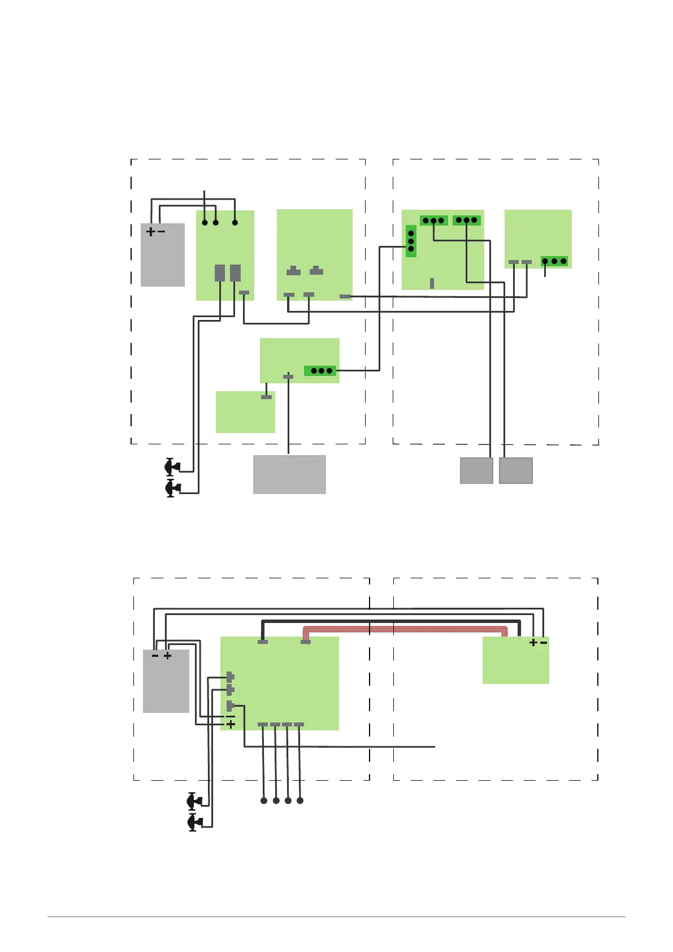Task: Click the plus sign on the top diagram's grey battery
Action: (150, 232)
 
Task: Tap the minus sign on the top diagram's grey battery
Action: (162, 232)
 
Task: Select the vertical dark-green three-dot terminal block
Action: (411, 241)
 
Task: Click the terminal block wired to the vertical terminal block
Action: (320, 371)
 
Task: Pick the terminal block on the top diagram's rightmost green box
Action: (554, 261)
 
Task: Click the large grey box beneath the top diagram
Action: (289, 474)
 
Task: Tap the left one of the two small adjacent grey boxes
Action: (476, 470)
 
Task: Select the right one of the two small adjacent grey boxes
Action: (516, 470)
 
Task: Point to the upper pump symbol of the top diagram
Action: (172, 467)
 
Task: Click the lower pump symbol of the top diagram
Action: (172, 488)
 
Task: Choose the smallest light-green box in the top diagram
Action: (245, 412)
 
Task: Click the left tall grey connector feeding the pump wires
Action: (220, 273)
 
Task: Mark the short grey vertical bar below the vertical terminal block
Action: (432, 283)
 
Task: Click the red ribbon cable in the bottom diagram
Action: (405, 629)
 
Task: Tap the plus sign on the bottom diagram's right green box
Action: (533, 643)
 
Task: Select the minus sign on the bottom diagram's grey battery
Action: (155, 656)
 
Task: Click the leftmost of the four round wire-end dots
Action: (264, 800)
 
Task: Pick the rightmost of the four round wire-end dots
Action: (300, 800)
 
